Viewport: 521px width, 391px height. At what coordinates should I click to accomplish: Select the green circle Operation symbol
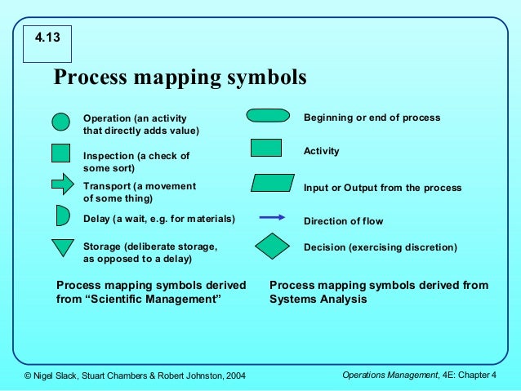point(61,122)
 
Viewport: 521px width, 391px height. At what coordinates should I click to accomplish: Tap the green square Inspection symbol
point(61,153)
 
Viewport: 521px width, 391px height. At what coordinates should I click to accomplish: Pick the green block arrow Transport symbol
point(63,184)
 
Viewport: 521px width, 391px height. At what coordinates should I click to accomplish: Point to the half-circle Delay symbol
point(62,215)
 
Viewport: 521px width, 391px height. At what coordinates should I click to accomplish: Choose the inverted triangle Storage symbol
point(62,247)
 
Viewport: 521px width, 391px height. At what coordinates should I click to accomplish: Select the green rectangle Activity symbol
point(265,148)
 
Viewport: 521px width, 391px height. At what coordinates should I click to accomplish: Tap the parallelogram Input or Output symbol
point(272,183)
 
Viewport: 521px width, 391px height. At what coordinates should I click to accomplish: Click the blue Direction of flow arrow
point(271,218)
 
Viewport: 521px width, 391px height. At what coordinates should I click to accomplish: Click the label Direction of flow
point(343,221)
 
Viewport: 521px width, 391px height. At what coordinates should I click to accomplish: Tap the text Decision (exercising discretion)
point(380,247)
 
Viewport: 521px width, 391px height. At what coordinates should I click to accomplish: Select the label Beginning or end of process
point(372,118)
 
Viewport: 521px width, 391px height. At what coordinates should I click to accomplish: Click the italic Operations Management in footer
point(390,375)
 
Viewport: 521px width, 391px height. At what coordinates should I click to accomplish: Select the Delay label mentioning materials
point(158,219)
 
